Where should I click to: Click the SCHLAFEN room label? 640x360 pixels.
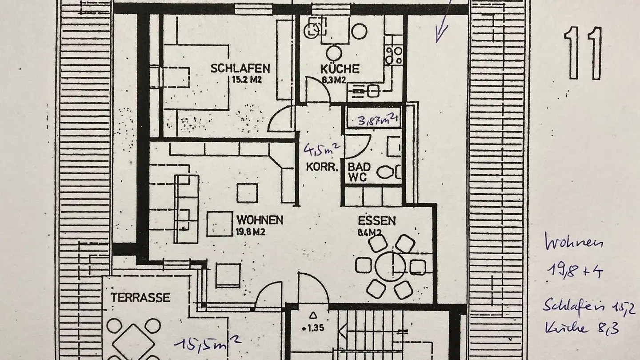(x=240, y=68)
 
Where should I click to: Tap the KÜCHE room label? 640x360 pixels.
(x=340, y=69)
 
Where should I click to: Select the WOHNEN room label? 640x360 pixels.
(x=260, y=220)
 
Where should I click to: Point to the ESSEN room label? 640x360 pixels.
(x=377, y=221)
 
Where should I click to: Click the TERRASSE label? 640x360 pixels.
(x=140, y=297)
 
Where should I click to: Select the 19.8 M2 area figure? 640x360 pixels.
(x=251, y=231)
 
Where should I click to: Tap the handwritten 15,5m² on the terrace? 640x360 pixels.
(x=208, y=342)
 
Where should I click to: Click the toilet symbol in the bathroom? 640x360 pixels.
(x=386, y=172)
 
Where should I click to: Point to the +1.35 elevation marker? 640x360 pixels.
(x=313, y=329)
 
